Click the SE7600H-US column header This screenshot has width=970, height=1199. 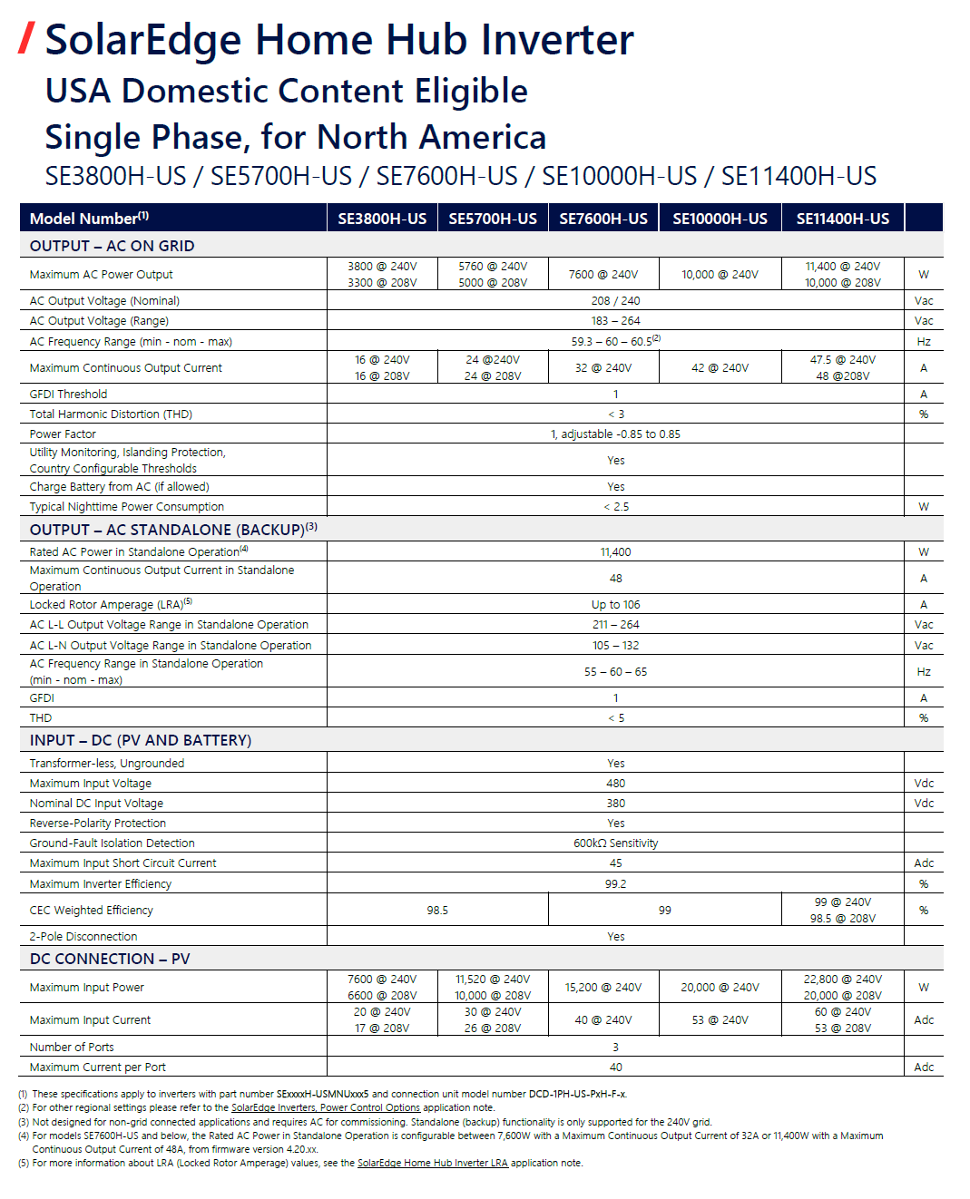click(603, 219)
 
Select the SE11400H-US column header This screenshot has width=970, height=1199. click(842, 219)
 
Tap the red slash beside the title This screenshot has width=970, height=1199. click(27, 38)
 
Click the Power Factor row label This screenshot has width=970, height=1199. click(63, 434)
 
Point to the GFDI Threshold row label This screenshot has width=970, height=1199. click(68, 395)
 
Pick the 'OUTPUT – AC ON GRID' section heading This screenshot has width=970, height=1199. click(112, 246)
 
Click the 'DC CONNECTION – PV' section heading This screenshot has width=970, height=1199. click(110, 959)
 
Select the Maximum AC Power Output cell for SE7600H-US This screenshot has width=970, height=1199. click(603, 275)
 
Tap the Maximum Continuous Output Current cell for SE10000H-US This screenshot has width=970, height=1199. click(720, 368)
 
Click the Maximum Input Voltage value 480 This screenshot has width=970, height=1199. click(615, 784)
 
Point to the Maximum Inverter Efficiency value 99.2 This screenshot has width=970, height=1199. click(615, 884)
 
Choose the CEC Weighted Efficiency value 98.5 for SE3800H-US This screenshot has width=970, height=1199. click(437, 911)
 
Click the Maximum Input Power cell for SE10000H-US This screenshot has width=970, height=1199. click(720, 988)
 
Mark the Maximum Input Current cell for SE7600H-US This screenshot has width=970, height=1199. click(603, 1020)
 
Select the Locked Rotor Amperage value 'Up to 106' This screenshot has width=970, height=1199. click(615, 605)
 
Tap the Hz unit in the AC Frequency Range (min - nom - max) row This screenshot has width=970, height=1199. click(924, 342)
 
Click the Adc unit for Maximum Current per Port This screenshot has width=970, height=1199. click(924, 1067)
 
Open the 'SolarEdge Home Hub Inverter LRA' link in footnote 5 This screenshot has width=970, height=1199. click(433, 1163)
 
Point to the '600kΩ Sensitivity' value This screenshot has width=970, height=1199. click(615, 843)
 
